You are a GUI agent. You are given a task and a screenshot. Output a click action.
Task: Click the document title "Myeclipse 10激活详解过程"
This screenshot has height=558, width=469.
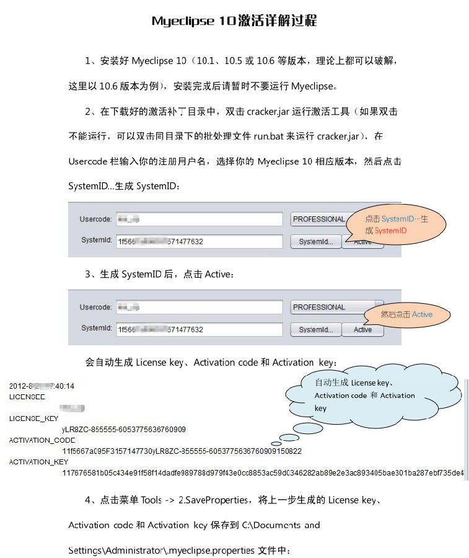point(234,21)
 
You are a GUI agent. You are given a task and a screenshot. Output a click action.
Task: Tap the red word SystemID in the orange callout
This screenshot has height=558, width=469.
point(390,231)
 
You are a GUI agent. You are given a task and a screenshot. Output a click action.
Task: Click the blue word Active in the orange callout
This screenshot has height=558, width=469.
point(422,314)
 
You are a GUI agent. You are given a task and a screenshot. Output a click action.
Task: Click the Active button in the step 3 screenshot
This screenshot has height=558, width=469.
point(362,330)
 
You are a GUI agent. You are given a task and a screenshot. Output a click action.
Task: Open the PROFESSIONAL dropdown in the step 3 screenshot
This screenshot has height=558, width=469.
point(328,307)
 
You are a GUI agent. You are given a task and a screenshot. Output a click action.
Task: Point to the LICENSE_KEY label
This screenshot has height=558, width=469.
point(33,418)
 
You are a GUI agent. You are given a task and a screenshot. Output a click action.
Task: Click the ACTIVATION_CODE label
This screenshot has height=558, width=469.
point(42,440)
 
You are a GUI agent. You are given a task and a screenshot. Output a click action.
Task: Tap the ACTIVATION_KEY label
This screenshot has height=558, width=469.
point(38,462)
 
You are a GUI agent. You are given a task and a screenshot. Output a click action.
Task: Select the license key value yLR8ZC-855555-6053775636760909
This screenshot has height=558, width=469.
point(123,429)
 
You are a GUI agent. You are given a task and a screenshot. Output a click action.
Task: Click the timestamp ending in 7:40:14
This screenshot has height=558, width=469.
point(42,386)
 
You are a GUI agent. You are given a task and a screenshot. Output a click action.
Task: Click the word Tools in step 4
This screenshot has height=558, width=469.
point(151,500)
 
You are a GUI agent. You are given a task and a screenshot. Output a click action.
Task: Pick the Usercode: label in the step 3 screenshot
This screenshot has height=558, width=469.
point(95,308)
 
